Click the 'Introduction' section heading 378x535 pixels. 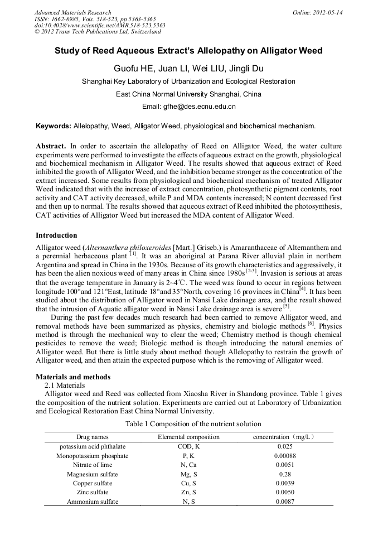[x=56, y=235]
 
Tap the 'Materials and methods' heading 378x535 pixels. [x=73, y=377]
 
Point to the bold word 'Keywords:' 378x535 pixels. [x=52, y=126]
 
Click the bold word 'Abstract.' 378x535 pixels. [x=51, y=146]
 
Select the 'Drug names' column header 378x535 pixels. [x=92, y=437]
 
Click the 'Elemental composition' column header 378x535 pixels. [x=188, y=437]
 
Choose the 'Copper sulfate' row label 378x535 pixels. [x=93, y=483]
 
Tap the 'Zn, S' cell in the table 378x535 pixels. [x=188, y=493]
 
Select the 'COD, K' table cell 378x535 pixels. [x=188, y=447]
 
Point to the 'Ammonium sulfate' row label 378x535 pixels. [x=93, y=502]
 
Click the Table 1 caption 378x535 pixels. [x=188, y=424]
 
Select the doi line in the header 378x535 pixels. [x=100, y=25]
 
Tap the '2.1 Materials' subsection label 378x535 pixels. [x=65, y=385]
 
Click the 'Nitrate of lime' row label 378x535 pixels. [x=93, y=465]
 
